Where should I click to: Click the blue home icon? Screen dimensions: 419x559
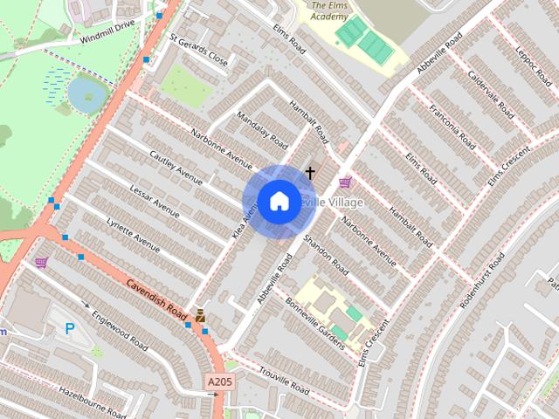pos(279,201)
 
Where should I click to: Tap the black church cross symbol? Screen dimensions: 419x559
pos(309,174)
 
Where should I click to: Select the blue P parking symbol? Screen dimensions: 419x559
pos(70,328)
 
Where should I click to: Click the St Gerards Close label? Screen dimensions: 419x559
pos(198,52)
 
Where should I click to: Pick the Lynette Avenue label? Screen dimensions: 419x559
pos(133,235)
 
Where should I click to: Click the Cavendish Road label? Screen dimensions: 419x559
pos(157,299)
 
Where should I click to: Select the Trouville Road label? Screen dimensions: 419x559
pos(284,379)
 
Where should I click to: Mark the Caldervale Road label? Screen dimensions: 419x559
pos(493,97)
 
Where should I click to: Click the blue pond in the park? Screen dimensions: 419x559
pos(83,90)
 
